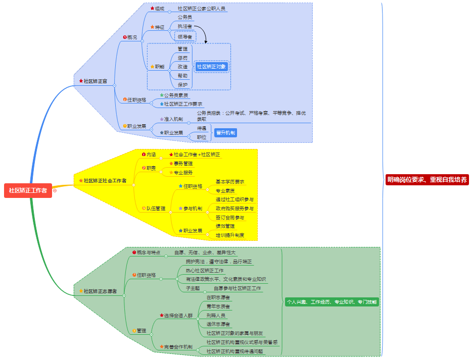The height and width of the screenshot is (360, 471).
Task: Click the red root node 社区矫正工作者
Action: click(28, 190)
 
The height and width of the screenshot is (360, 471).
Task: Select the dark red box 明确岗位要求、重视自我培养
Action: click(427, 180)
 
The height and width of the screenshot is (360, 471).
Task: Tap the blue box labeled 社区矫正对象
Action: click(212, 66)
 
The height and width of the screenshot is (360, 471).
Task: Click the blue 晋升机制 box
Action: click(225, 133)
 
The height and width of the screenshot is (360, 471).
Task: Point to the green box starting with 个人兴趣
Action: click(332, 301)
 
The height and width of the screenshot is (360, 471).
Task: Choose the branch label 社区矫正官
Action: click(95, 81)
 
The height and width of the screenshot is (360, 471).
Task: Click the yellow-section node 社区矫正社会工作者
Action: click(105, 180)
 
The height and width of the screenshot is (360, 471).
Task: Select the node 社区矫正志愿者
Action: click(100, 291)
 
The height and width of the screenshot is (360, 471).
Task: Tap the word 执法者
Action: click(184, 26)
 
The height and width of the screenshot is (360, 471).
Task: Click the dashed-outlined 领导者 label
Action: click(185, 36)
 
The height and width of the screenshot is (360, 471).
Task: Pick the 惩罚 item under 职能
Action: click(182, 58)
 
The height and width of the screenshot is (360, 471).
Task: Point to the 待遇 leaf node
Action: click(202, 128)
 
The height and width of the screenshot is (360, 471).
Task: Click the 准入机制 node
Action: click(173, 119)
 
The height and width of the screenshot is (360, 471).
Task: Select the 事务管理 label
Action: click(183, 164)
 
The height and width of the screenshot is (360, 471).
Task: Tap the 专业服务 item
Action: click(183, 173)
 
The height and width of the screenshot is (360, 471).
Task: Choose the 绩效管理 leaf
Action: click(225, 226)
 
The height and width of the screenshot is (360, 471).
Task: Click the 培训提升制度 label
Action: click(230, 235)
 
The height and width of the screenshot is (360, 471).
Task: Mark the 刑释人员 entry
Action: click(216, 315)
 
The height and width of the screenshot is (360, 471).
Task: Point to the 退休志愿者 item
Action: click(218, 324)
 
